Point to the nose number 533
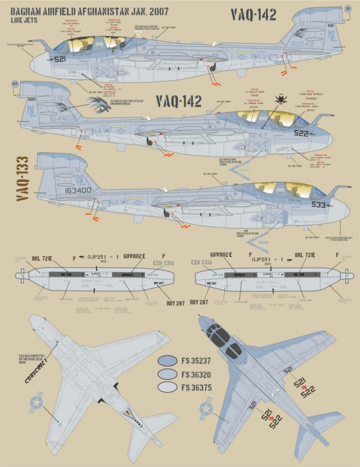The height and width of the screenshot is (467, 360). click(x=320, y=205)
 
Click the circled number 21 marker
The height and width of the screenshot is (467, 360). click(x=348, y=9)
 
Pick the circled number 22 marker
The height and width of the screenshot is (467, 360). click(x=15, y=84)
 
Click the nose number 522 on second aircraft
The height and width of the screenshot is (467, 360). click(x=301, y=133)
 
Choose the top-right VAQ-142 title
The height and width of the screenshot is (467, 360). click(x=253, y=15)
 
